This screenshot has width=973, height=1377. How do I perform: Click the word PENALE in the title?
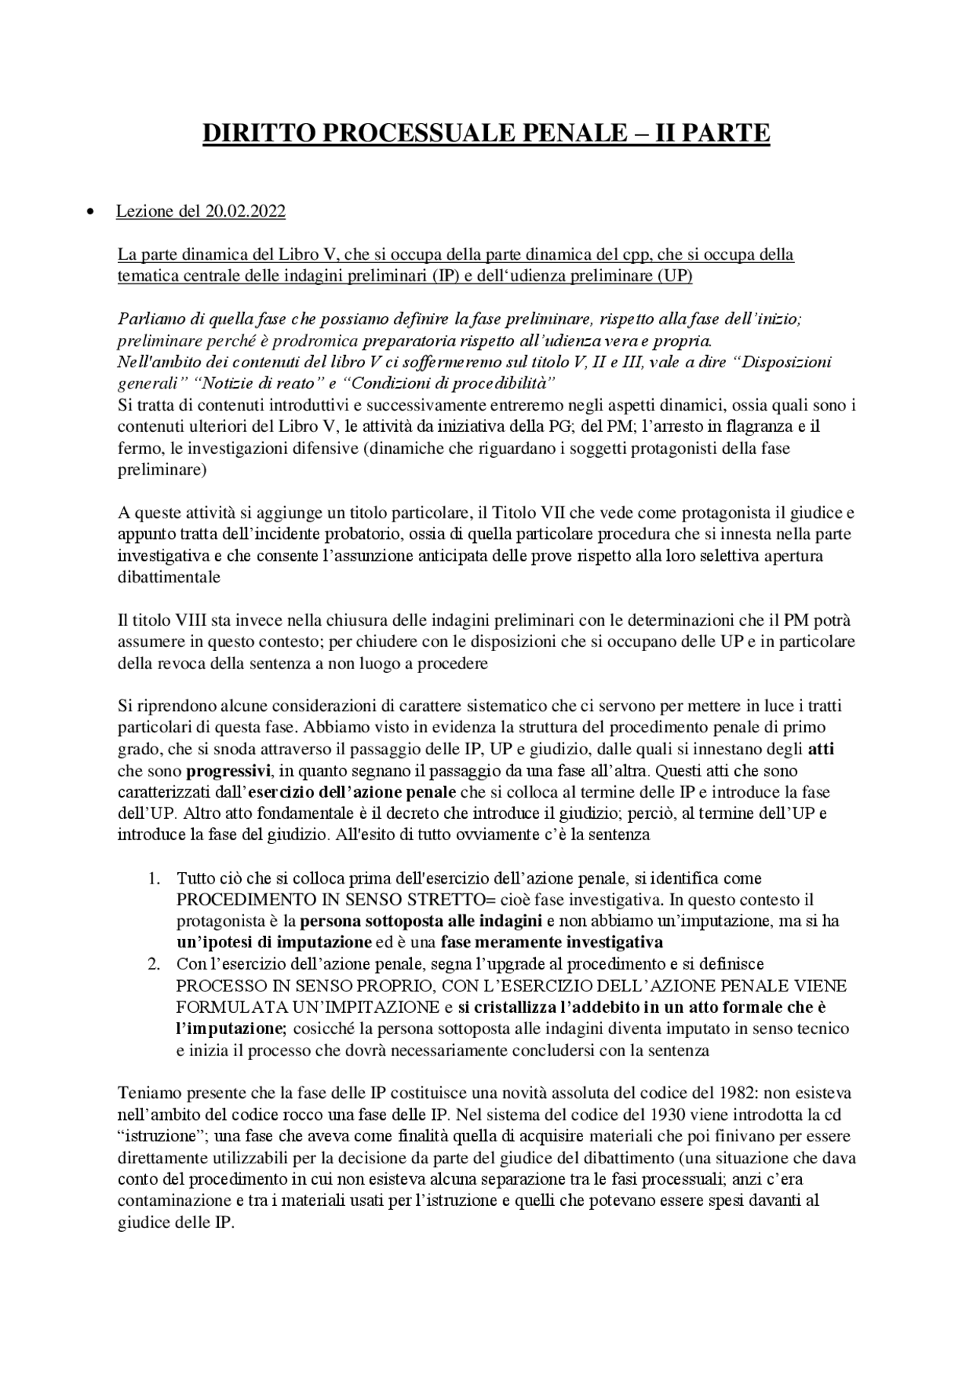[x=572, y=133]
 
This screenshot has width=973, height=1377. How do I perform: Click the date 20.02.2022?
[x=245, y=211]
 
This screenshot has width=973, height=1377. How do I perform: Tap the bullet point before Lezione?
[x=90, y=212]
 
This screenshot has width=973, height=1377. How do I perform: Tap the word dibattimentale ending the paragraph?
[x=169, y=577]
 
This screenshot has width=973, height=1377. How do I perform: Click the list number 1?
[x=154, y=878]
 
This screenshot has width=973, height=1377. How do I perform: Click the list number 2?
[x=154, y=964]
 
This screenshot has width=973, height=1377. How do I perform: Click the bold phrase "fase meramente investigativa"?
[x=552, y=943]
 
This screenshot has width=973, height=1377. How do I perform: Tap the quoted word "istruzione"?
[x=165, y=1136]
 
